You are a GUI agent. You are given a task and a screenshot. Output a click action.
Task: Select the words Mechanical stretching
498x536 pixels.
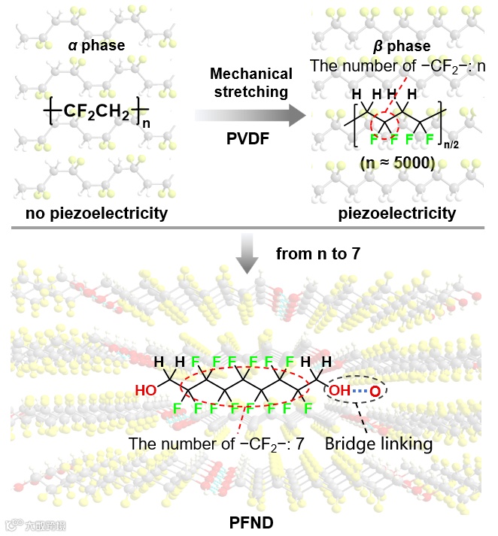tap(251, 83)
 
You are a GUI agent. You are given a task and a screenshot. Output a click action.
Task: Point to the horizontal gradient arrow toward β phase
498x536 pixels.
tap(251, 115)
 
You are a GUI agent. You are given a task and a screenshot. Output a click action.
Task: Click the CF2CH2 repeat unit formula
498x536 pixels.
tap(98, 113)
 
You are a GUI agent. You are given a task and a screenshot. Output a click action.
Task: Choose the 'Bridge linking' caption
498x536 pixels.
tap(378, 444)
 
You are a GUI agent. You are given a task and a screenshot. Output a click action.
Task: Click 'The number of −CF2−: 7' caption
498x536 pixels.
tap(216, 444)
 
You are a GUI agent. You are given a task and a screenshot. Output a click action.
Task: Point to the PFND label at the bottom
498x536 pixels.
tap(249, 519)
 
